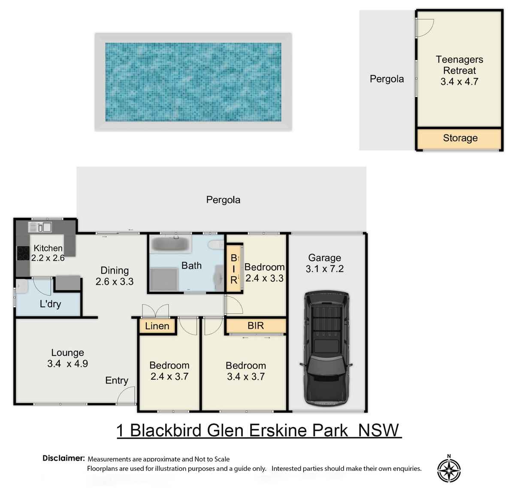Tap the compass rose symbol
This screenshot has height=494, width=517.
(x=449, y=470)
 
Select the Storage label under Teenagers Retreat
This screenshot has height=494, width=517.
(x=460, y=138)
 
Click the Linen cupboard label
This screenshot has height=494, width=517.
(x=157, y=326)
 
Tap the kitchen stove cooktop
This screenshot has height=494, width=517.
(x=23, y=253)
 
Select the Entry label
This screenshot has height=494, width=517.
(x=117, y=381)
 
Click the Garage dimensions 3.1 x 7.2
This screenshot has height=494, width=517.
(x=324, y=269)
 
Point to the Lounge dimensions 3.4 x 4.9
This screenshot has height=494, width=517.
(x=68, y=364)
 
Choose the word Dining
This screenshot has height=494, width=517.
(x=115, y=271)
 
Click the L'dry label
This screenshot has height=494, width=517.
(x=50, y=304)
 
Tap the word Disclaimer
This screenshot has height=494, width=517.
(x=63, y=458)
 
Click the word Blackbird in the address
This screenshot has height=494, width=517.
(x=166, y=431)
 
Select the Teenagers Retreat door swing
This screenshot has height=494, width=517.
(x=424, y=27)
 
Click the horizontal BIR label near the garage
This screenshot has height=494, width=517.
(x=256, y=326)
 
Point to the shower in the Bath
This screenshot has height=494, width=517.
(x=164, y=279)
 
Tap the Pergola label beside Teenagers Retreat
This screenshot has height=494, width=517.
(x=387, y=79)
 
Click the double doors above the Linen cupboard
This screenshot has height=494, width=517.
(x=155, y=311)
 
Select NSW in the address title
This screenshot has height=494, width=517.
(x=378, y=430)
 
